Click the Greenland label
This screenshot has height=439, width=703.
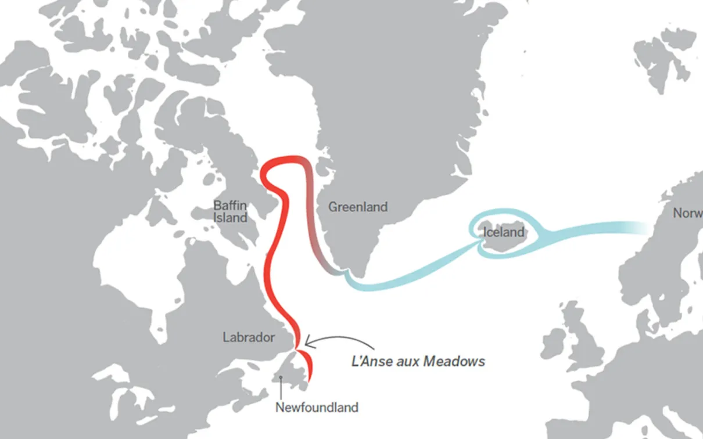[357, 207]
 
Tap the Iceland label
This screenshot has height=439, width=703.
[503, 232]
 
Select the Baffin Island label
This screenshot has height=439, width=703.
[230, 211]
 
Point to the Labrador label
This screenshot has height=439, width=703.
[249, 337]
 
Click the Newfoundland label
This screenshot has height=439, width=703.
[317, 407]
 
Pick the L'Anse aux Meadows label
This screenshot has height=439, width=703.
[418, 361]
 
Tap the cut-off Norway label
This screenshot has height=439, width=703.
[687, 213]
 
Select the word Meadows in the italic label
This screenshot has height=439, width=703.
[454, 361]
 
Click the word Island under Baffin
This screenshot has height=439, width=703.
[230, 218]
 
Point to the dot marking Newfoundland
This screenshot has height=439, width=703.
[281, 378]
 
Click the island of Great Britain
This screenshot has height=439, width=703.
[584, 343]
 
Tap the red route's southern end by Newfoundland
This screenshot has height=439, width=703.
[309, 379]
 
